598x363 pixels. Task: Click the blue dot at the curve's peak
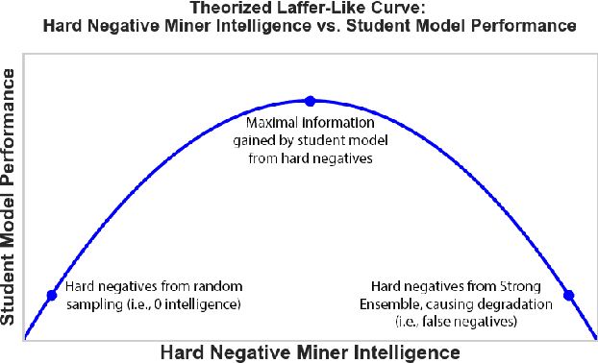coord(310,100)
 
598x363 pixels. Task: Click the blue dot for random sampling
coord(52,295)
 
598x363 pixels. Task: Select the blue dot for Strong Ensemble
coord(567,295)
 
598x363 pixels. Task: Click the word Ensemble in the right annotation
coord(398,304)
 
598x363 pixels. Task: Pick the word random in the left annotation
coord(218,287)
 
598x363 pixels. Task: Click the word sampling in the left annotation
coord(90,304)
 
